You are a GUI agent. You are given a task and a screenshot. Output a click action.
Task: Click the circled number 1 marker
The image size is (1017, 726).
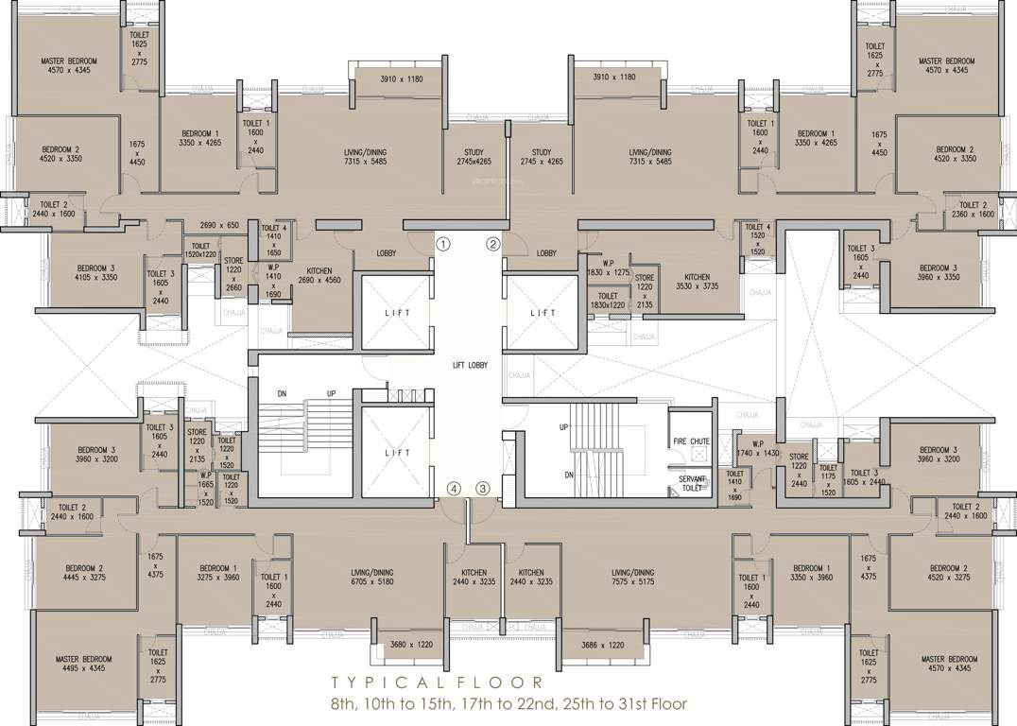coord(443,244)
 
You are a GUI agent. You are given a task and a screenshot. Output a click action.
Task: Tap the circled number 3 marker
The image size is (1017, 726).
coord(483,489)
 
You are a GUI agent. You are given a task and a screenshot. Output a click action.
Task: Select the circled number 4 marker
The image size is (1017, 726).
coord(455,489)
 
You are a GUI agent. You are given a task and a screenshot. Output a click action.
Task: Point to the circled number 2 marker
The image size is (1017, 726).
coord(492,244)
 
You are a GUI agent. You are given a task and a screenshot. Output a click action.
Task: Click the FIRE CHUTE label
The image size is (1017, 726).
coord(692,441)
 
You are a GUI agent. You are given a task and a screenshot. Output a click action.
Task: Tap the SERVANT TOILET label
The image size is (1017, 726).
coord(692,484)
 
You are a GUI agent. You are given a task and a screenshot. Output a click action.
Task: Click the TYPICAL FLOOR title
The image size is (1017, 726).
coord(437,683)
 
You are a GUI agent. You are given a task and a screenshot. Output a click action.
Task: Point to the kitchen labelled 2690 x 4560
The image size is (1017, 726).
coord(319,275)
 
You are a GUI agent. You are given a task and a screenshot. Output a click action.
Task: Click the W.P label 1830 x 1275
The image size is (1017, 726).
coord(608,267)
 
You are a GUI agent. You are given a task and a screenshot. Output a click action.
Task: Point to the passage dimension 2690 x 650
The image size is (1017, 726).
coord(219,225)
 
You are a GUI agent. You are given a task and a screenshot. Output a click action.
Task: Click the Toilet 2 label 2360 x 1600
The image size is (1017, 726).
coord(973,210)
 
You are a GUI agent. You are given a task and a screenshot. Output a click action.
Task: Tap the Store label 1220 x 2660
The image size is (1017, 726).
coord(233,274)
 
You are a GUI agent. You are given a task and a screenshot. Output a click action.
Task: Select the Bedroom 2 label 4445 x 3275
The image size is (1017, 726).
coord(84,574)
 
